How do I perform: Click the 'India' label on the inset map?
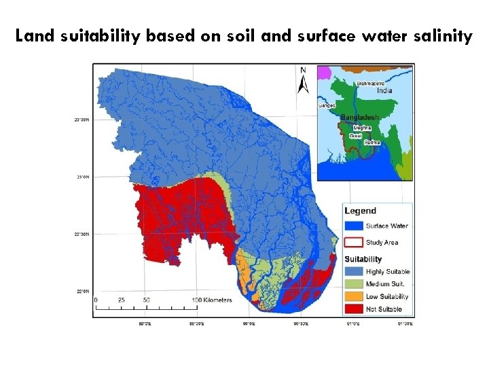[384, 90]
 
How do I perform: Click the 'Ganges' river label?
[327, 105]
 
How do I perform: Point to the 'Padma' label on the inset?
[372, 143]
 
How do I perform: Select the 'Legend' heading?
[360, 211]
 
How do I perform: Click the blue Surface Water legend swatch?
[353, 226]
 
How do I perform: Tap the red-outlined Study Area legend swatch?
[353, 242]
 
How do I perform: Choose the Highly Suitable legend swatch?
[353, 272]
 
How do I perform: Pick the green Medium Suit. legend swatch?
[353, 284]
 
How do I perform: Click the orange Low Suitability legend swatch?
[353, 296]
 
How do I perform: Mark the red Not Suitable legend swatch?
[353, 309]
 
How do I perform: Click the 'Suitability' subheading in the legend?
[363, 259]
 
